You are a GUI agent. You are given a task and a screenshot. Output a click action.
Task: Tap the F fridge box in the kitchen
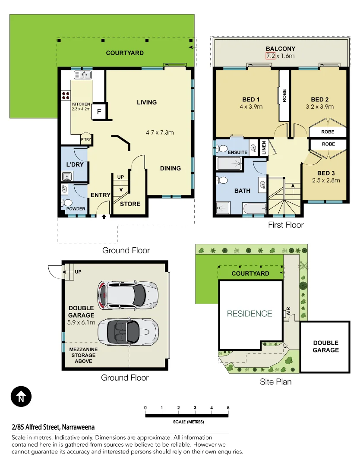click(99, 111)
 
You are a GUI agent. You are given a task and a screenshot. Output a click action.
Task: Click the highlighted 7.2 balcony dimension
click(271, 56)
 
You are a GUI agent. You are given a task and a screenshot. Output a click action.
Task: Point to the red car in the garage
click(127, 295)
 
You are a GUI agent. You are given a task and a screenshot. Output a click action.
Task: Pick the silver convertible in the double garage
click(127, 331)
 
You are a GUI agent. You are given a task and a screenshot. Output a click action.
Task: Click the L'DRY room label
click(75, 164)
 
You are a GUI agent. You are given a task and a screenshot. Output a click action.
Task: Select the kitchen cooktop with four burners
click(66, 95)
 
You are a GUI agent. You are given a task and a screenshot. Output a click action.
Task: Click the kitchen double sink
click(82, 75)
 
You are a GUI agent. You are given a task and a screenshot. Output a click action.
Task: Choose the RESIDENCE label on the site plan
click(250, 314)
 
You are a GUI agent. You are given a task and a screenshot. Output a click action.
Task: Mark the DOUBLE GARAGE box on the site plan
click(325, 346)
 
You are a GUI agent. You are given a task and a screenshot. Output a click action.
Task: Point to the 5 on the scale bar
click(228, 408)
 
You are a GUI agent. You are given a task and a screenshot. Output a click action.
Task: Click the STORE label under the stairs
click(130, 204)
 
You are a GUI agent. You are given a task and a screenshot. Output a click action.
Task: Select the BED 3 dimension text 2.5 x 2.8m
click(326, 180)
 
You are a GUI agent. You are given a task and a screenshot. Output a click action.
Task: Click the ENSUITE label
click(238, 152)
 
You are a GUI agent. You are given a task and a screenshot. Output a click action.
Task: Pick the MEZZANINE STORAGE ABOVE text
click(81, 355)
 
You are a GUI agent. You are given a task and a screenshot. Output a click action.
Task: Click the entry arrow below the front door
click(104, 217)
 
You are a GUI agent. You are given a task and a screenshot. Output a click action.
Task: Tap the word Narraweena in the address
click(78, 427)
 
